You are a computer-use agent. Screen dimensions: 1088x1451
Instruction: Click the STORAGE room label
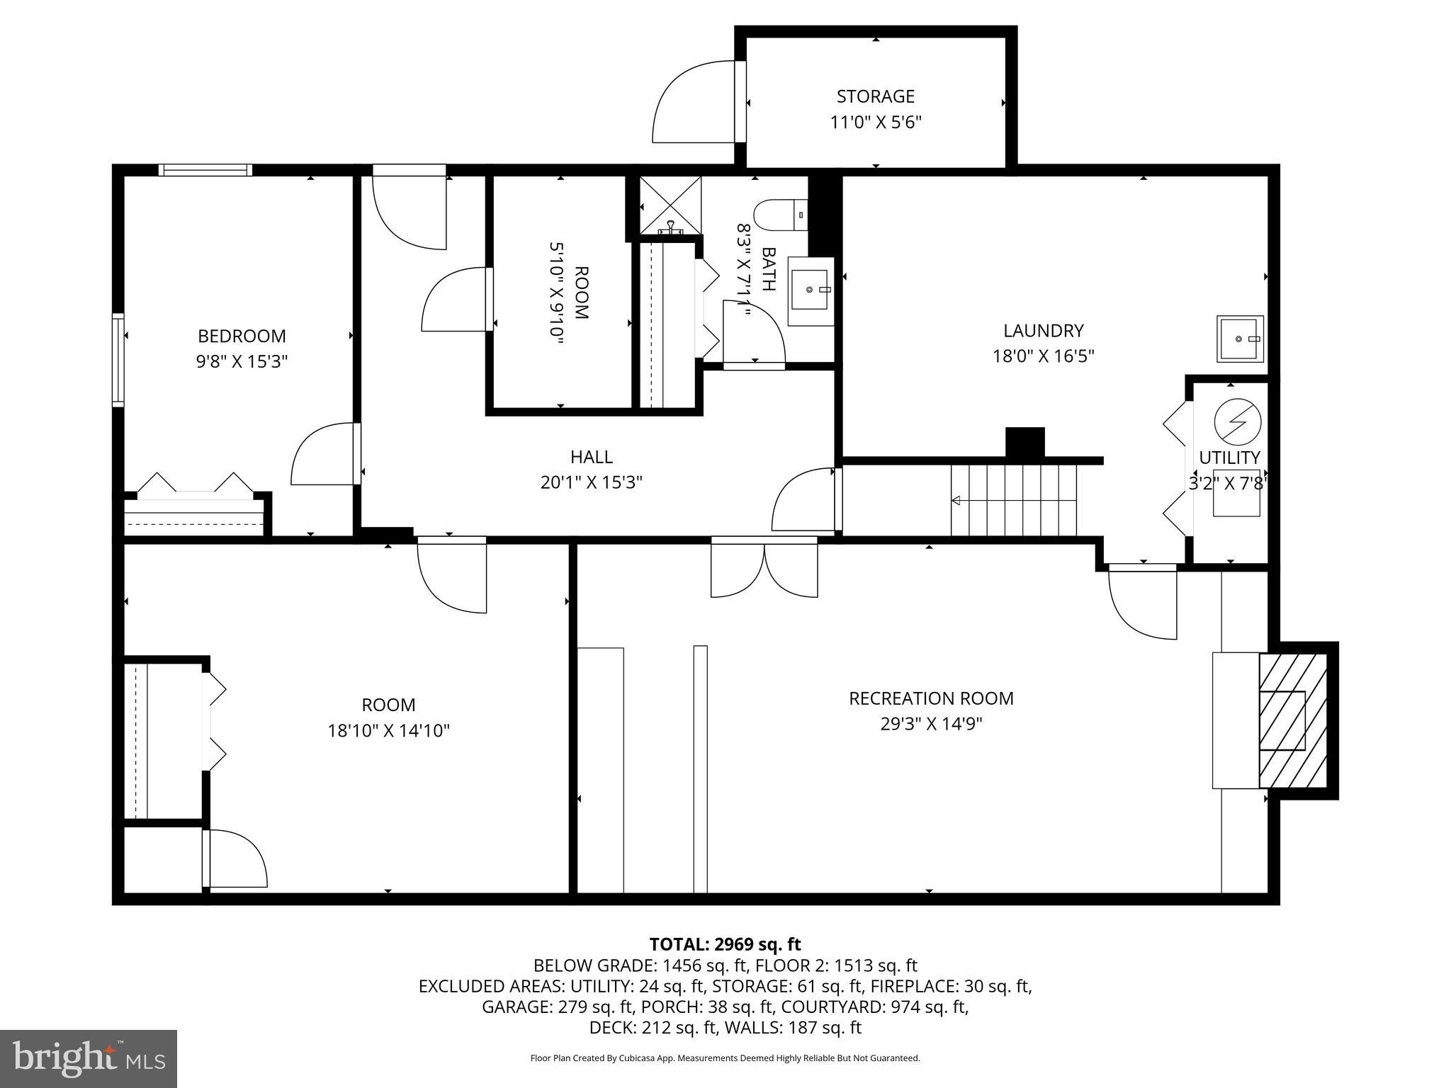point(875,96)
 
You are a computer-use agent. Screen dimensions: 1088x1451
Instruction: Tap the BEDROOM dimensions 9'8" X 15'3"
point(242,362)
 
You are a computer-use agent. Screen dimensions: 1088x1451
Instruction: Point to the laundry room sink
point(1240,339)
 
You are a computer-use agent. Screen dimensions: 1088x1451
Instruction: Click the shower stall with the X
point(670,205)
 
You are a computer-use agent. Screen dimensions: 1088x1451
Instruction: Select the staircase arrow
point(956,501)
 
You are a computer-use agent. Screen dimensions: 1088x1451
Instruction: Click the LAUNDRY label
point(1043,331)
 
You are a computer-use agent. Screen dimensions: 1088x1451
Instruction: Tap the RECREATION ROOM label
point(931,698)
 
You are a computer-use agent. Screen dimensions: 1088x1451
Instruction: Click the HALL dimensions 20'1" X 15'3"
point(591,482)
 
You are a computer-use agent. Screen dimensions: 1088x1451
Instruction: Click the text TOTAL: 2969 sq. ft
point(725,944)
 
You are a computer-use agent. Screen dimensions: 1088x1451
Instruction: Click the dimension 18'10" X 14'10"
point(388,730)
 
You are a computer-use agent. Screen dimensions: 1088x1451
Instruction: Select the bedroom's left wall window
point(118,360)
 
